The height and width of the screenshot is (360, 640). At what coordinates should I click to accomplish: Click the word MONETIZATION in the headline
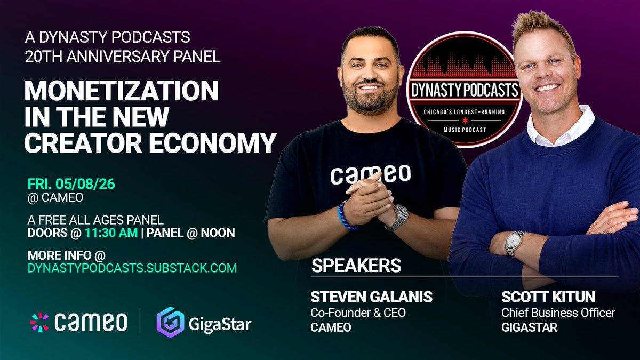click(122, 92)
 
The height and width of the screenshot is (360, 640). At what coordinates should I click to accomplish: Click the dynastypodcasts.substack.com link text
click(132, 268)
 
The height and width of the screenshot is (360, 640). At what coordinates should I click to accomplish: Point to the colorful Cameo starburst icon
click(39, 322)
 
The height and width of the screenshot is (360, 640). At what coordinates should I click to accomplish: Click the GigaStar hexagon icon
click(169, 322)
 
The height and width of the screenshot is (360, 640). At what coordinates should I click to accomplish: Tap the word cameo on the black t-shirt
click(370, 174)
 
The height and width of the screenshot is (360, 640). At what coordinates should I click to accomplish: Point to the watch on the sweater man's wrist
click(514, 243)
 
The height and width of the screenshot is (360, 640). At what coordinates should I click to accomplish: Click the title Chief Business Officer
click(558, 313)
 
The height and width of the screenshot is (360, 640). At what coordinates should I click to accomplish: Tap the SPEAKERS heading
click(356, 265)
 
